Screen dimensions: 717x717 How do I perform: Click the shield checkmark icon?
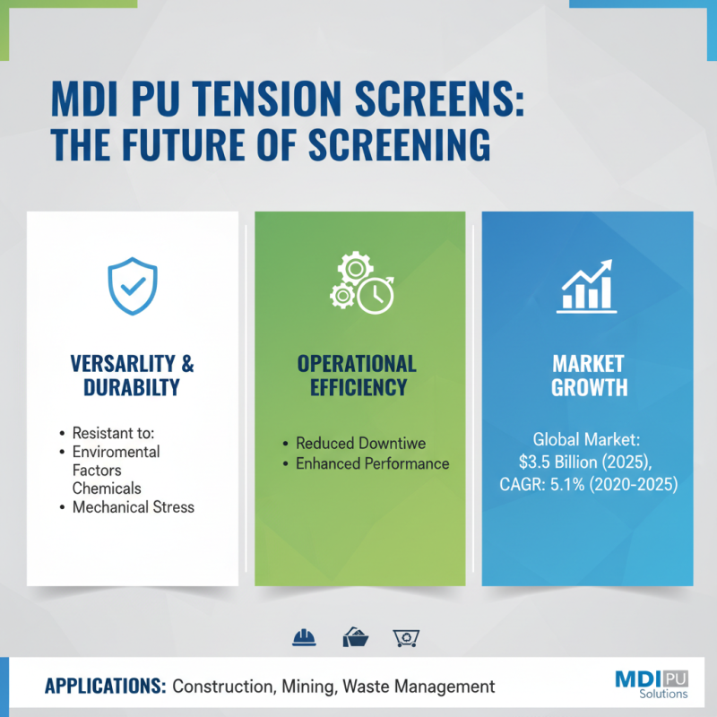coord(133,289)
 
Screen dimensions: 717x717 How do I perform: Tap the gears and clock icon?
coord(359,283)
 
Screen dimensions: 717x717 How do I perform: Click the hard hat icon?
coord(305,637)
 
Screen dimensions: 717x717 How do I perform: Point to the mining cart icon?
coord(356,637)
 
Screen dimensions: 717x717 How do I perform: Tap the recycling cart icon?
coord(406,637)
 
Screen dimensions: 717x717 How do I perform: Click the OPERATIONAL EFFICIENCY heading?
coord(357,376)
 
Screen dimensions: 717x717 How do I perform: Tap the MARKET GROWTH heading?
coord(588,376)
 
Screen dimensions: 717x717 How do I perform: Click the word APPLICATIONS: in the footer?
coord(105,687)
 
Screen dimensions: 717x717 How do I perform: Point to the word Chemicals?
coord(108,488)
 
